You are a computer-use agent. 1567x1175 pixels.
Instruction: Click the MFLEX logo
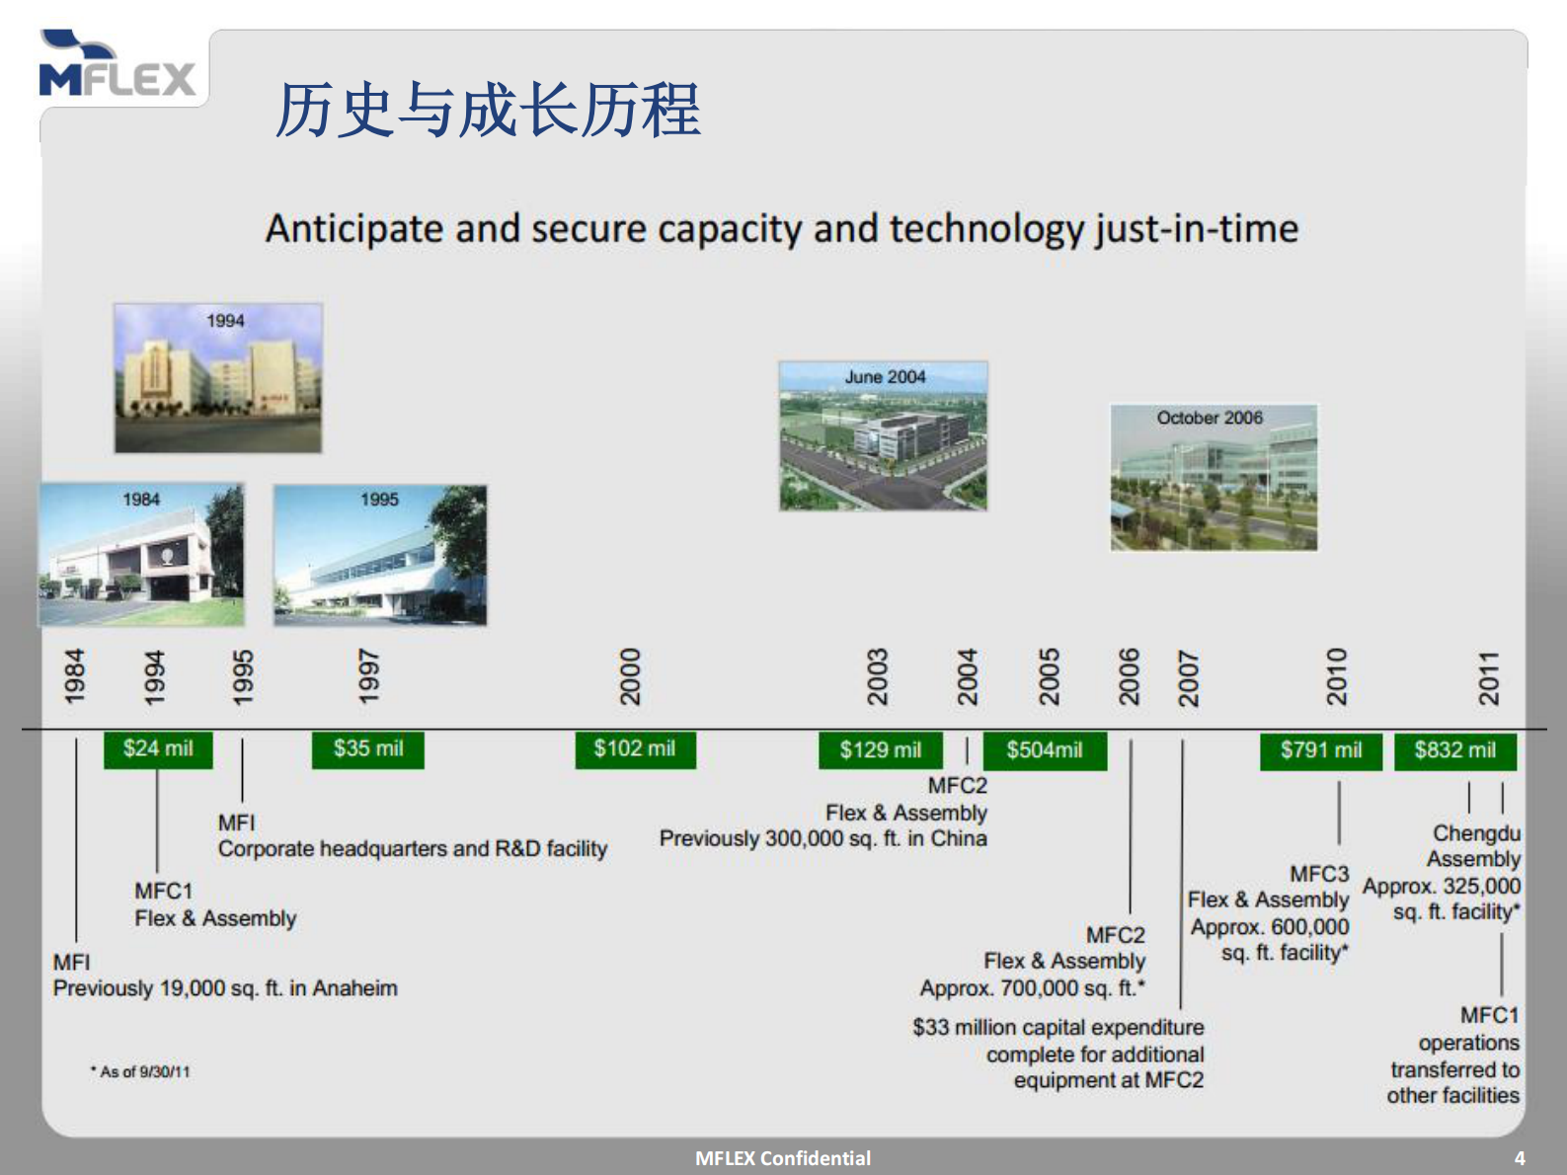coord(118,67)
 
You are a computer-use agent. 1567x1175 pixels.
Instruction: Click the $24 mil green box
coord(158,749)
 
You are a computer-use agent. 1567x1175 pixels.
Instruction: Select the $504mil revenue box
coord(1045,750)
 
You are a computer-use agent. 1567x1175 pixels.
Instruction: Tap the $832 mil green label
coord(1454,750)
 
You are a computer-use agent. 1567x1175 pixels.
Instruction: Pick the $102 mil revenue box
coord(635,749)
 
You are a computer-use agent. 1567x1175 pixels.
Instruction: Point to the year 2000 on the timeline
coord(630,676)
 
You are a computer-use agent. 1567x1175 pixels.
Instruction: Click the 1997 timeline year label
coord(368,676)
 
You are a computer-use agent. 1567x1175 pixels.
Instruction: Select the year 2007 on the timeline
coord(1189,678)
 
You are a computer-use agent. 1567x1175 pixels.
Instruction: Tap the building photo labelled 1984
coord(141,554)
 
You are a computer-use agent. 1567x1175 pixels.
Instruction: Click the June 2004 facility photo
coord(883,435)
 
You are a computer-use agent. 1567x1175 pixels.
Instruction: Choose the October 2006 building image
coord(1214,477)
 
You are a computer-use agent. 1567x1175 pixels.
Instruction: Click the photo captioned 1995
coord(380,555)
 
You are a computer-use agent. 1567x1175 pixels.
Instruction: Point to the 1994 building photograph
coord(218,378)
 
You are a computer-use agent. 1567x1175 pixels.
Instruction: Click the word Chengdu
coord(1476,833)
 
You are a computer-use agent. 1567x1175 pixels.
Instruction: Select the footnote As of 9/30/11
coord(142,1071)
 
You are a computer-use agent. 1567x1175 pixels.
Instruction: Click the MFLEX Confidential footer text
coord(783,1158)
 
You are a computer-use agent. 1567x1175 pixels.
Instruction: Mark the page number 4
coord(1520,1158)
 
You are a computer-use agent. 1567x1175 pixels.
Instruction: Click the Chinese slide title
coord(488,110)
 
